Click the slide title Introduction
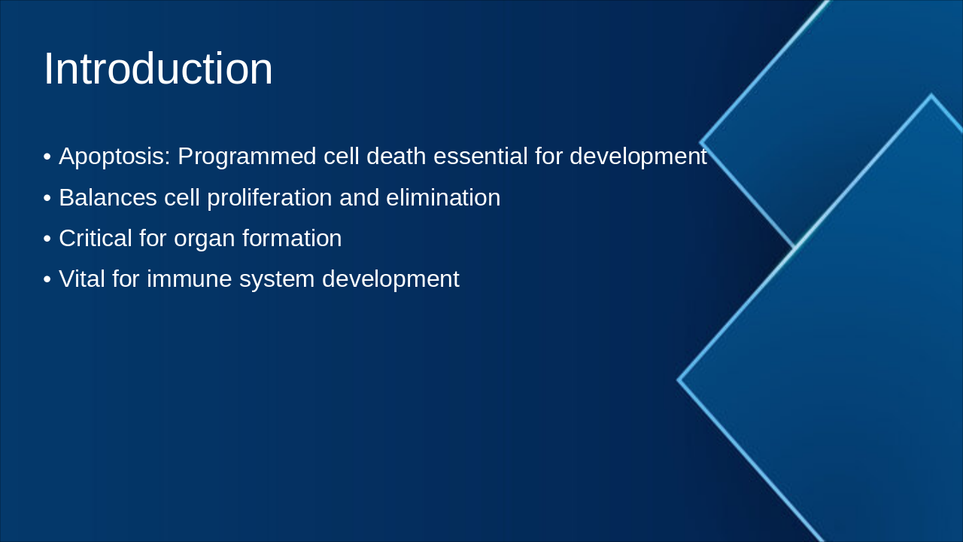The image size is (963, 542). [158, 69]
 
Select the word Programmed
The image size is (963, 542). [248, 157]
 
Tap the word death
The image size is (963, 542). [396, 155]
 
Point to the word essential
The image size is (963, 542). [480, 155]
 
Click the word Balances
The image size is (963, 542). [108, 197]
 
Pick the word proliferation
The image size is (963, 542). [269, 198]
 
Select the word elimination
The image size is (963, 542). [443, 197]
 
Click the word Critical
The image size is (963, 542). [96, 239]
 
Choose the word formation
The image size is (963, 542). [292, 239]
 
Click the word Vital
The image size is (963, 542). [82, 279]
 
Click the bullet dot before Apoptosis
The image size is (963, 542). [47, 157]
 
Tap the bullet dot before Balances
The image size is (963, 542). [47, 198]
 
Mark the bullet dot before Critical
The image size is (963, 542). [47, 239]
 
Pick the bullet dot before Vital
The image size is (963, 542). [47, 279]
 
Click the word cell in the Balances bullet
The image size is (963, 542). [182, 197]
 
